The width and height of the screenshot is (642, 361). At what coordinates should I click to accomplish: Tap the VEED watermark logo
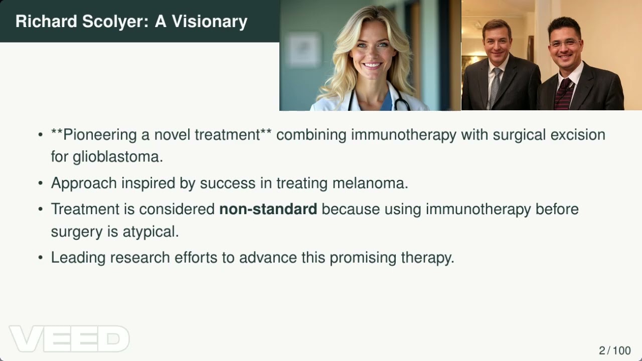click(x=69, y=338)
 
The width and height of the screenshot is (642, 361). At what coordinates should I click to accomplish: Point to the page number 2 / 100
click(x=614, y=350)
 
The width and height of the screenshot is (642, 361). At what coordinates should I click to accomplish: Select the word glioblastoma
click(x=117, y=156)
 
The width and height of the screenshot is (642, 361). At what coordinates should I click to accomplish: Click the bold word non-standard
click(x=268, y=209)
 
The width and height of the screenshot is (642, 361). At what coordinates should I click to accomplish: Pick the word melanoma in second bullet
click(x=370, y=183)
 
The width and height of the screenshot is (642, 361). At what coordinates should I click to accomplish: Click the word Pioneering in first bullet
click(x=100, y=135)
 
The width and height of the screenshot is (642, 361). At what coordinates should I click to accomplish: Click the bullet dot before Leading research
click(x=41, y=258)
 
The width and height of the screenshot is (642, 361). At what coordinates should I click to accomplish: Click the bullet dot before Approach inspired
click(x=41, y=184)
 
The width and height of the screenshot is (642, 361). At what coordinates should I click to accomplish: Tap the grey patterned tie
click(x=495, y=88)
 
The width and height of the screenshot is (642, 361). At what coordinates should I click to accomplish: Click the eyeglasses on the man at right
click(x=565, y=44)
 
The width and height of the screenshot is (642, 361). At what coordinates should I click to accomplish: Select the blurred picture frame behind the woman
click(x=304, y=50)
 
